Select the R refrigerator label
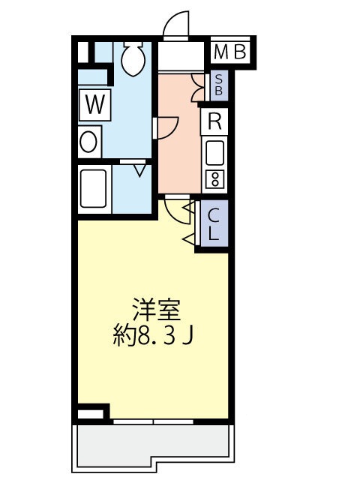[214, 121]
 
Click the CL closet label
[214, 223]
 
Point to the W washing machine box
[94, 105]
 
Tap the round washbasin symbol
[89, 141]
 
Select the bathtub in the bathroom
[94, 189]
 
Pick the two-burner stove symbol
[214, 179]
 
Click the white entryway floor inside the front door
[180, 58]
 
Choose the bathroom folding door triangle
[139, 170]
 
